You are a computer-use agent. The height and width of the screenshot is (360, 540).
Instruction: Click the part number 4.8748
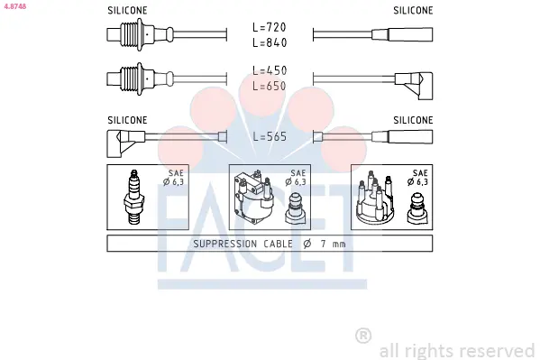pos(14,6)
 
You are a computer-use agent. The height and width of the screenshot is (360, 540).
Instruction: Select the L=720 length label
pos(270,27)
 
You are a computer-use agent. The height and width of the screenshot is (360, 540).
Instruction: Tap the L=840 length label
pos(270,42)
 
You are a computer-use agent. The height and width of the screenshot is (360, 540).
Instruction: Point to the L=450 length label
pos(270,70)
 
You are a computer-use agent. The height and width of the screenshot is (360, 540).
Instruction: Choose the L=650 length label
pos(270,86)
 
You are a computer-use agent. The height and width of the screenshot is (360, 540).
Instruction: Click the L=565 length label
pos(270,136)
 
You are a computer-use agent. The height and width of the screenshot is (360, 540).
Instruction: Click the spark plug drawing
pos(134,197)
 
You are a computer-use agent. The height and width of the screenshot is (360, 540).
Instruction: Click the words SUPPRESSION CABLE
pos(243,244)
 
